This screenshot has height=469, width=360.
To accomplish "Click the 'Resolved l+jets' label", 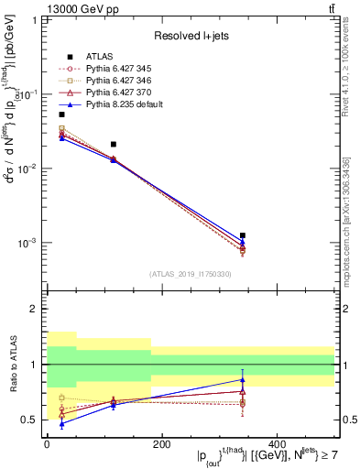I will coord(191,36).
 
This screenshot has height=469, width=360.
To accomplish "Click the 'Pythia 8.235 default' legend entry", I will coord(119,105).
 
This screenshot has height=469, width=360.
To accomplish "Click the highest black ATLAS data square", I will coord(61,115).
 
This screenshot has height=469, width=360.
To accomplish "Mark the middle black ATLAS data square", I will coord(113,144).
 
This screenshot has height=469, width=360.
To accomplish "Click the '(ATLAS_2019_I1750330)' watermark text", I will coord(191,274).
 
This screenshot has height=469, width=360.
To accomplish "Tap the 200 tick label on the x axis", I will coord(161,443).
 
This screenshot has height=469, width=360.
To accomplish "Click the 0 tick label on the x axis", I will coord(47,443).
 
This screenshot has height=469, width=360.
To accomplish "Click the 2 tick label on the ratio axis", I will coord(34,309).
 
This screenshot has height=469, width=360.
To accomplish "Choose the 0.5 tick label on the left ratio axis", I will coord(29,420).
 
